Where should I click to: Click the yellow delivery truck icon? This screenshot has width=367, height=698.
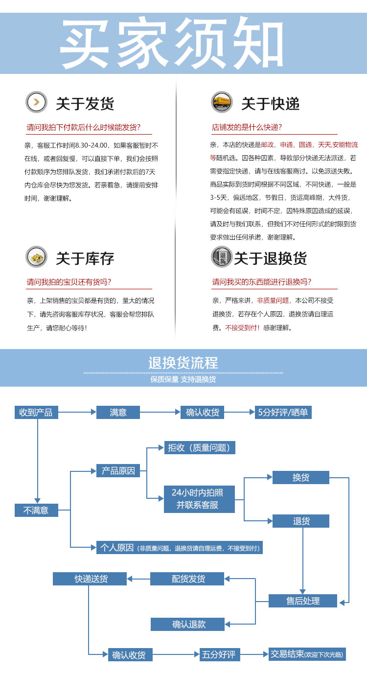tap(222, 102)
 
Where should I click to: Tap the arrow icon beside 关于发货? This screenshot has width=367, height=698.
tap(36, 102)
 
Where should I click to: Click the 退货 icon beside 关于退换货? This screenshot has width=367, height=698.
tap(222, 257)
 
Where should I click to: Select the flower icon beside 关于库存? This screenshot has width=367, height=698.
tap(36, 257)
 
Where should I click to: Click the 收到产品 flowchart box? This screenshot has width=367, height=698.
tap(36, 412)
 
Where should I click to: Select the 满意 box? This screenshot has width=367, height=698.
tap(118, 412)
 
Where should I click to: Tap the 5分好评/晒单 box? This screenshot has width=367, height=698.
tap(283, 412)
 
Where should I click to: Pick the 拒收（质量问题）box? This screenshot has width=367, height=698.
tap(200, 447)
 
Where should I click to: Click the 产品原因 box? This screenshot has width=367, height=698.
tap(118, 470)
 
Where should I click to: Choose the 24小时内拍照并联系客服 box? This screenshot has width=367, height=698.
tap(199, 499)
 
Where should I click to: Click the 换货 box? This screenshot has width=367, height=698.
tap(300, 477)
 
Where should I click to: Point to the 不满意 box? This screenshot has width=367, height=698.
tap(36, 510)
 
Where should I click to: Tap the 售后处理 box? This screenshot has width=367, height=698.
tap(303, 601)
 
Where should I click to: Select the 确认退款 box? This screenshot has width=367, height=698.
tap(187, 624)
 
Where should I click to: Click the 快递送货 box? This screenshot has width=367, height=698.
tap(90, 579)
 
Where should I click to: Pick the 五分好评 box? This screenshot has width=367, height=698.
tap(220, 654)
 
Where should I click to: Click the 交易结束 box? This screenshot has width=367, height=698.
tap(307, 654)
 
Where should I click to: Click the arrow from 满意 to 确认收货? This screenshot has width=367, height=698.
tap(160, 412)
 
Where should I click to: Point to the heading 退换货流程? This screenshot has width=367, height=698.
tap(183, 363)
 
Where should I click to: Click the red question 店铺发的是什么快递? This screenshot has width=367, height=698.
tap(247, 127)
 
